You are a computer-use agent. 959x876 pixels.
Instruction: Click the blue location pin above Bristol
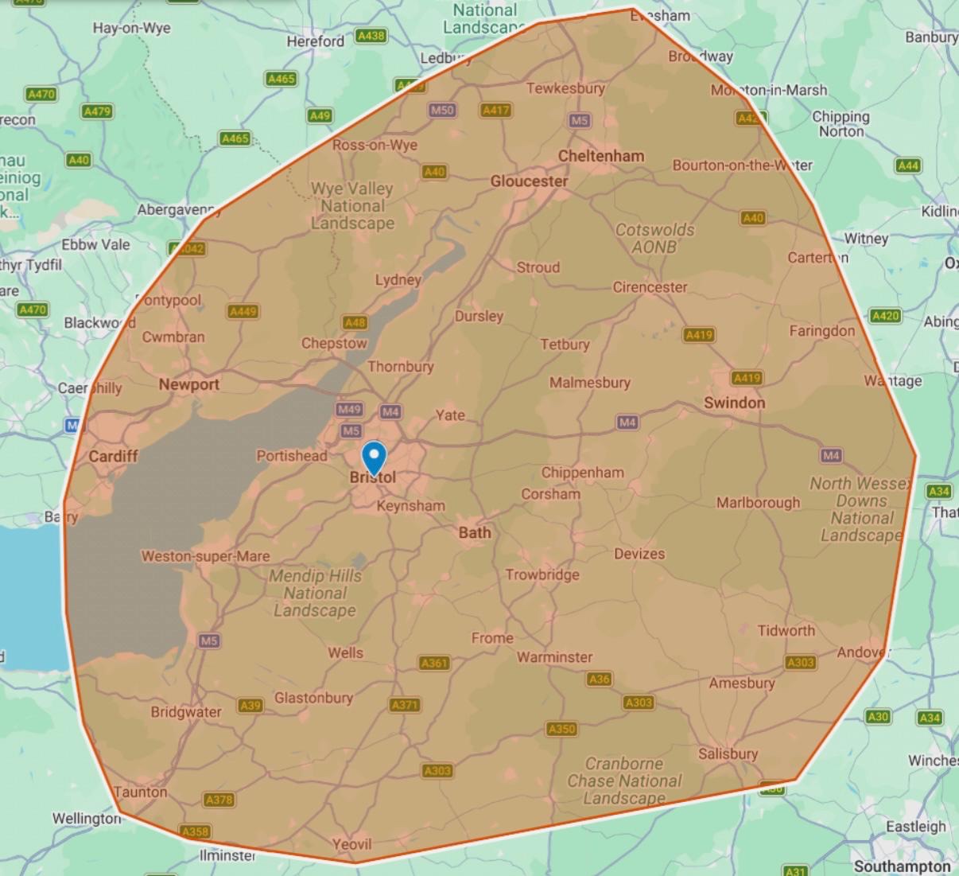pyautogui.click(x=374, y=457)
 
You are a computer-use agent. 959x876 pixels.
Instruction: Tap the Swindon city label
pyautogui.click(x=734, y=403)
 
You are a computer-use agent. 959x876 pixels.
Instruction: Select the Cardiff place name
pyautogui.click(x=113, y=456)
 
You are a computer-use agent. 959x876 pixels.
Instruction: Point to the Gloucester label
pyautogui.click(x=529, y=181)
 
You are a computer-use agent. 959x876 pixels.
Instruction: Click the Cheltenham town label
pyautogui.click(x=601, y=156)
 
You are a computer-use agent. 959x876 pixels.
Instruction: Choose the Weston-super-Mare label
pyautogui.click(x=205, y=556)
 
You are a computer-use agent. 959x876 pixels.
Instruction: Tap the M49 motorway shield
pyautogui.click(x=349, y=410)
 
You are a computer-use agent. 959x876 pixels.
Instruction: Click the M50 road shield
pyautogui.click(x=442, y=110)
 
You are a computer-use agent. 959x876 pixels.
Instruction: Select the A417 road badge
pyautogui.click(x=495, y=110)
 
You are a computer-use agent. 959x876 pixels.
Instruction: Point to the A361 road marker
pyautogui.click(x=434, y=663)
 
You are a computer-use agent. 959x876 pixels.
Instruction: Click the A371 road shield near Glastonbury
pyautogui.click(x=405, y=705)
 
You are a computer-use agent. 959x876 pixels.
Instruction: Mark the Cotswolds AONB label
pyautogui.click(x=654, y=238)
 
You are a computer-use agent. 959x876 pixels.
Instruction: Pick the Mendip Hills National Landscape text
pyautogui.click(x=315, y=594)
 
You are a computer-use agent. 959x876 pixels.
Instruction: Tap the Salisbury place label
pyautogui.click(x=728, y=753)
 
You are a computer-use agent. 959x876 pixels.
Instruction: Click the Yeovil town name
pyautogui.click(x=351, y=844)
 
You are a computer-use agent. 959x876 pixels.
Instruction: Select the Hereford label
pyautogui.click(x=316, y=41)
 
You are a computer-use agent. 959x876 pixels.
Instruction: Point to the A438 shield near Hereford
pyautogui.click(x=371, y=36)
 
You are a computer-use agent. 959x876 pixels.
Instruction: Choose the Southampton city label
pyautogui.click(x=902, y=866)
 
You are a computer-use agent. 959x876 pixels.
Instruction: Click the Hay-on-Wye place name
pyautogui.click(x=131, y=28)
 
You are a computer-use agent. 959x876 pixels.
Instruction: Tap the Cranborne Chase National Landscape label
pyautogui.click(x=624, y=781)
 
